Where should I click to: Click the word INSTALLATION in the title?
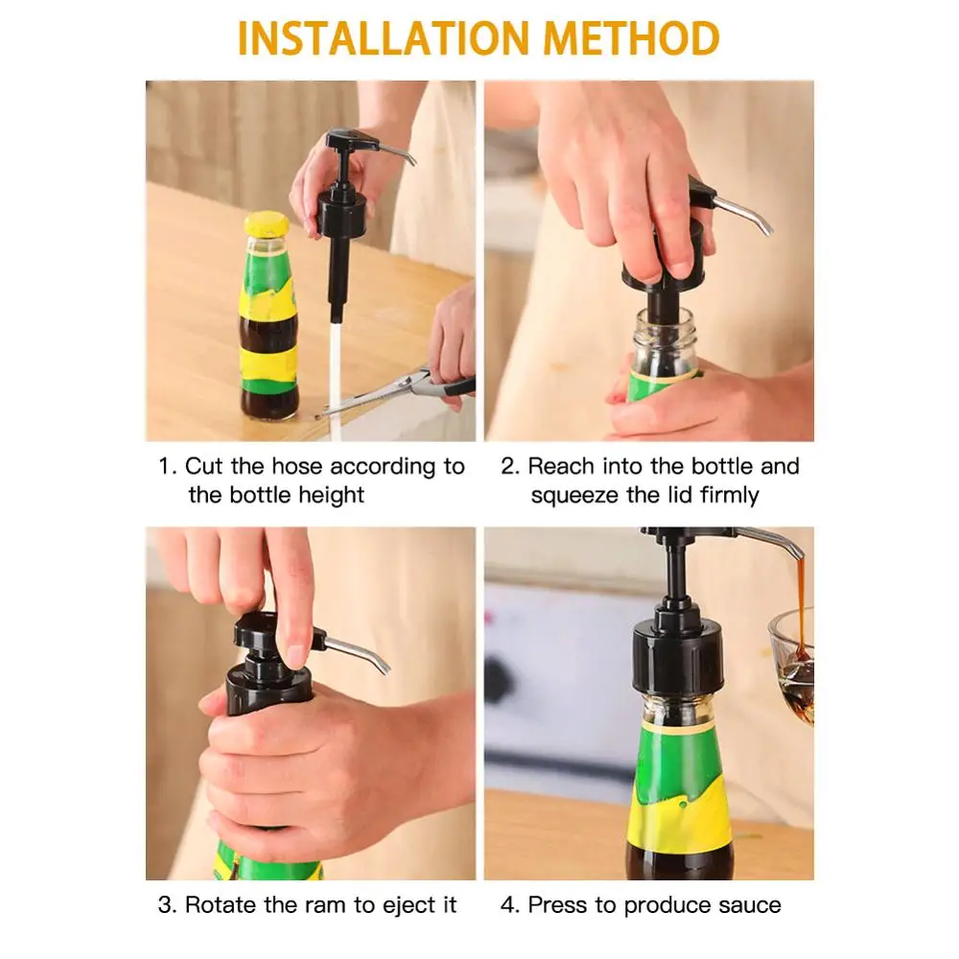[x=384, y=38]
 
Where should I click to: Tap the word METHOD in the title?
[x=632, y=38]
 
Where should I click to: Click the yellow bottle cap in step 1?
[x=267, y=223]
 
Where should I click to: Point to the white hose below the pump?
[x=335, y=379]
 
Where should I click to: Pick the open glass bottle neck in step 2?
[x=665, y=339]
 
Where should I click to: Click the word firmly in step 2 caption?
[x=729, y=495]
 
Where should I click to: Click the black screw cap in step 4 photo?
[x=678, y=654]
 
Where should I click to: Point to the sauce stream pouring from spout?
[x=801, y=605]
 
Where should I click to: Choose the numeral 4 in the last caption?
[x=507, y=905]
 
